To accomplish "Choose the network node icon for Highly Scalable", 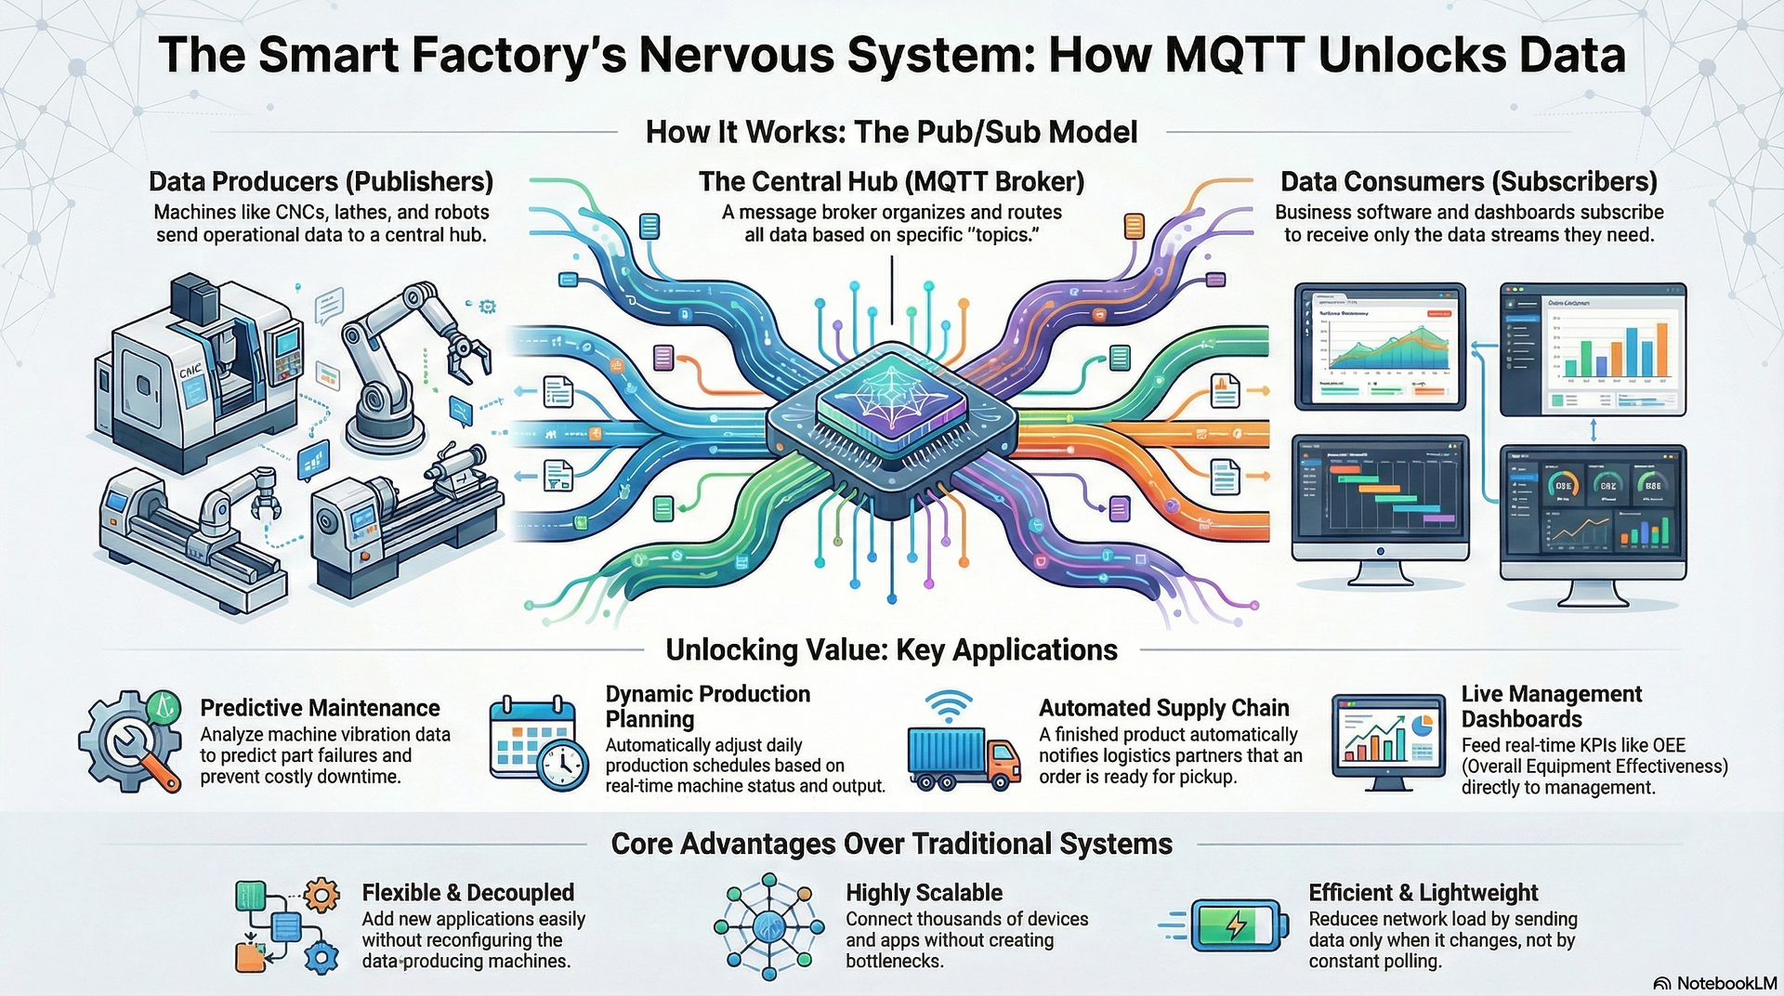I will pos(768,925).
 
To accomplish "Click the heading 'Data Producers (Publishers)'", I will pos(321,181).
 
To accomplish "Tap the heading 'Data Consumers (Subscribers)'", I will pos(1468,181).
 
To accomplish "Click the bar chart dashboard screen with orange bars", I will pos(1593,349).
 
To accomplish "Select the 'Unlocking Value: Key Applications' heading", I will pos(891,649).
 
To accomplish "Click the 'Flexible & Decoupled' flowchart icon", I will pos(286,925).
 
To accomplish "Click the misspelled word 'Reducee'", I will pos(1344,919).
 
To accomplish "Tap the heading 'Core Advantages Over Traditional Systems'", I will pos(891,844).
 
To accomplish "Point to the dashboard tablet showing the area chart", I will pos(1380,346).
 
